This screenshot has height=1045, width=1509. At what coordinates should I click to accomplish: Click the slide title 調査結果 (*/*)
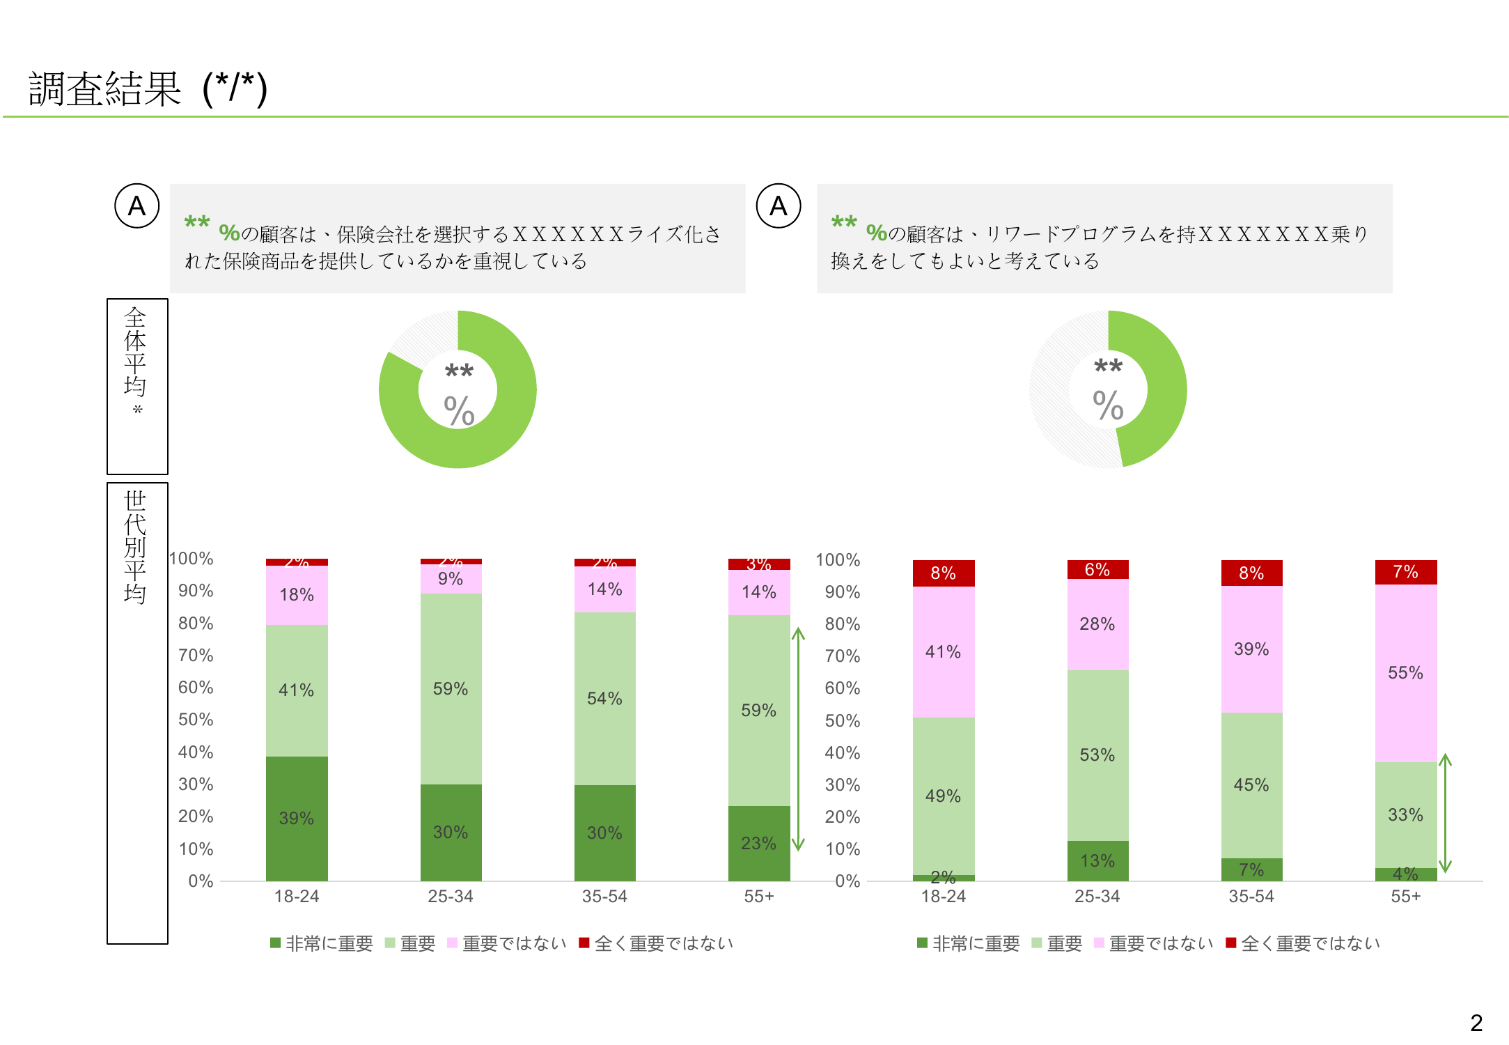click(148, 89)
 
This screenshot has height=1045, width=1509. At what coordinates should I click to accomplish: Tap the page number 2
click(1476, 1023)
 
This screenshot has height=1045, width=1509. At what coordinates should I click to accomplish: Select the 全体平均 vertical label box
click(136, 386)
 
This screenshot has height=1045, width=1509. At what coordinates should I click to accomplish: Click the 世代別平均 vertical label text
click(135, 548)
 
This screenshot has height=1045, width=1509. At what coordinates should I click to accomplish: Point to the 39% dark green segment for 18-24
click(297, 818)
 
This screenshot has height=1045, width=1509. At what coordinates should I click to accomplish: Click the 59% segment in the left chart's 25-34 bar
click(451, 688)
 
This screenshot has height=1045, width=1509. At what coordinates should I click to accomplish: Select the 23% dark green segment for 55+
click(758, 843)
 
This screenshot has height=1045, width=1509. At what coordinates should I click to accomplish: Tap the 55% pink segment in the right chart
click(1405, 672)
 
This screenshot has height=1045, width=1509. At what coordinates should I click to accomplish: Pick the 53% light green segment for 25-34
click(1097, 754)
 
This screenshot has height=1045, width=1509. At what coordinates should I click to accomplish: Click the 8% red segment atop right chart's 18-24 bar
click(943, 573)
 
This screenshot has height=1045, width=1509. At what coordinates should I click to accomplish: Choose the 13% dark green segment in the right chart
click(1097, 860)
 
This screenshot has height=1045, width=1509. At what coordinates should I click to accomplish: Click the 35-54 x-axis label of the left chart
click(604, 897)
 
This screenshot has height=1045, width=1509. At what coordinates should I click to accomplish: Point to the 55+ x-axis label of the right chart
click(1405, 897)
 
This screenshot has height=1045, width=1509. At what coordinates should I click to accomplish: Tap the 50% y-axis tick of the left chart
click(196, 720)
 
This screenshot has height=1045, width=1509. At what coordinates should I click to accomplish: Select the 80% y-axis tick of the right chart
click(842, 624)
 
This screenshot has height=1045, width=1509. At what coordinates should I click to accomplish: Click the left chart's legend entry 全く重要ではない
click(656, 943)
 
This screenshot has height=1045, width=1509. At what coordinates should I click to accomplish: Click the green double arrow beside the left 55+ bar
click(799, 738)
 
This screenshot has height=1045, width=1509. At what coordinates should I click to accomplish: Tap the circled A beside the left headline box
click(137, 206)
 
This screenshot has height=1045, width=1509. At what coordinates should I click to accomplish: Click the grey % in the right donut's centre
click(1108, 405)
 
